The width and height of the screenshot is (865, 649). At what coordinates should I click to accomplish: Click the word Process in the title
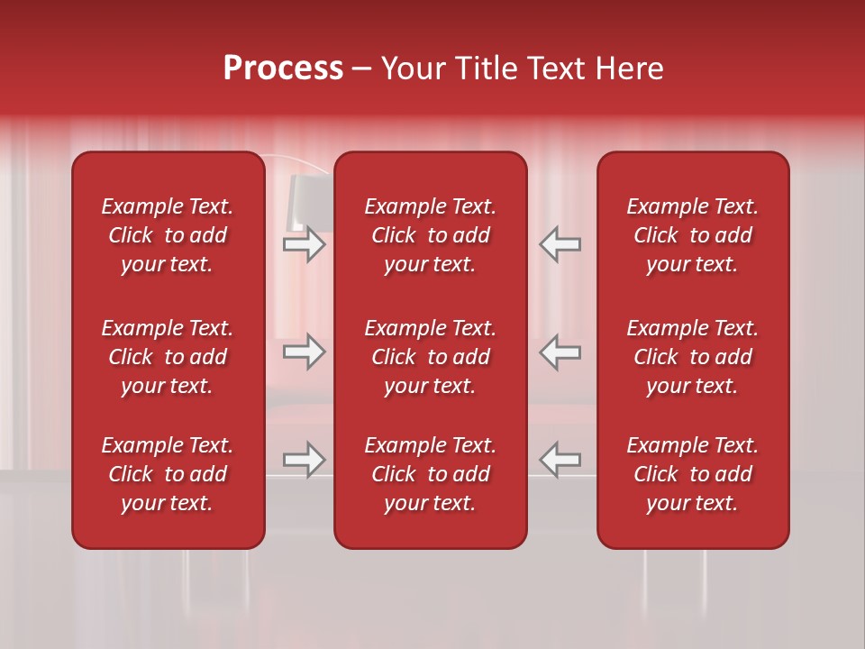tap(283, 69)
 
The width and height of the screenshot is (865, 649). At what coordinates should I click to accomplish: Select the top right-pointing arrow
tap(305, 243)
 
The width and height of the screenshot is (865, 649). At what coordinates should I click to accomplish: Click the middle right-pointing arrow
tap(305, 352)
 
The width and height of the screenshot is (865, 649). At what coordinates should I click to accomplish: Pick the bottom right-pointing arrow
tap(305, 460)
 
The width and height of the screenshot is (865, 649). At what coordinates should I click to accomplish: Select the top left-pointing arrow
tap(560, 243)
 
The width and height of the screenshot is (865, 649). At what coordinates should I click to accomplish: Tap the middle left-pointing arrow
tap(560, 352)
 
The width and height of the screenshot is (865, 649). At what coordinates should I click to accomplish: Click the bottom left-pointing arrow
tap(560, 460)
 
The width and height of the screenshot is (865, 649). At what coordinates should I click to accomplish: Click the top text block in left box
tap(168, 235)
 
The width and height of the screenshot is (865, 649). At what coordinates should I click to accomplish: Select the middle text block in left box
tap(168, 357)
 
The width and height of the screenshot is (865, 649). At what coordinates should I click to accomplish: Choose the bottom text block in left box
tap(168, 474)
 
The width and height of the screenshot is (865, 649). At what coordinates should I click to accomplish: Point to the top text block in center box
tap(430, 235)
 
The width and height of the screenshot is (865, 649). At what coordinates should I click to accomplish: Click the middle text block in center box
tap(430, 357)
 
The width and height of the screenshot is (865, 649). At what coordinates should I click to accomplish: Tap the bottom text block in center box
tap(430, 474)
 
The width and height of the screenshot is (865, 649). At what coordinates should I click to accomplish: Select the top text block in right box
tap(692, 235)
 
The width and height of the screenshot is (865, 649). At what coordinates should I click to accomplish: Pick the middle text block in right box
tap(692, 357)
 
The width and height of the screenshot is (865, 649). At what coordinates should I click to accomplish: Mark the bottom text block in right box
tap(692, 474)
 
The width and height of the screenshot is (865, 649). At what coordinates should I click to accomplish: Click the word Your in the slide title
tap(411, 69)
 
